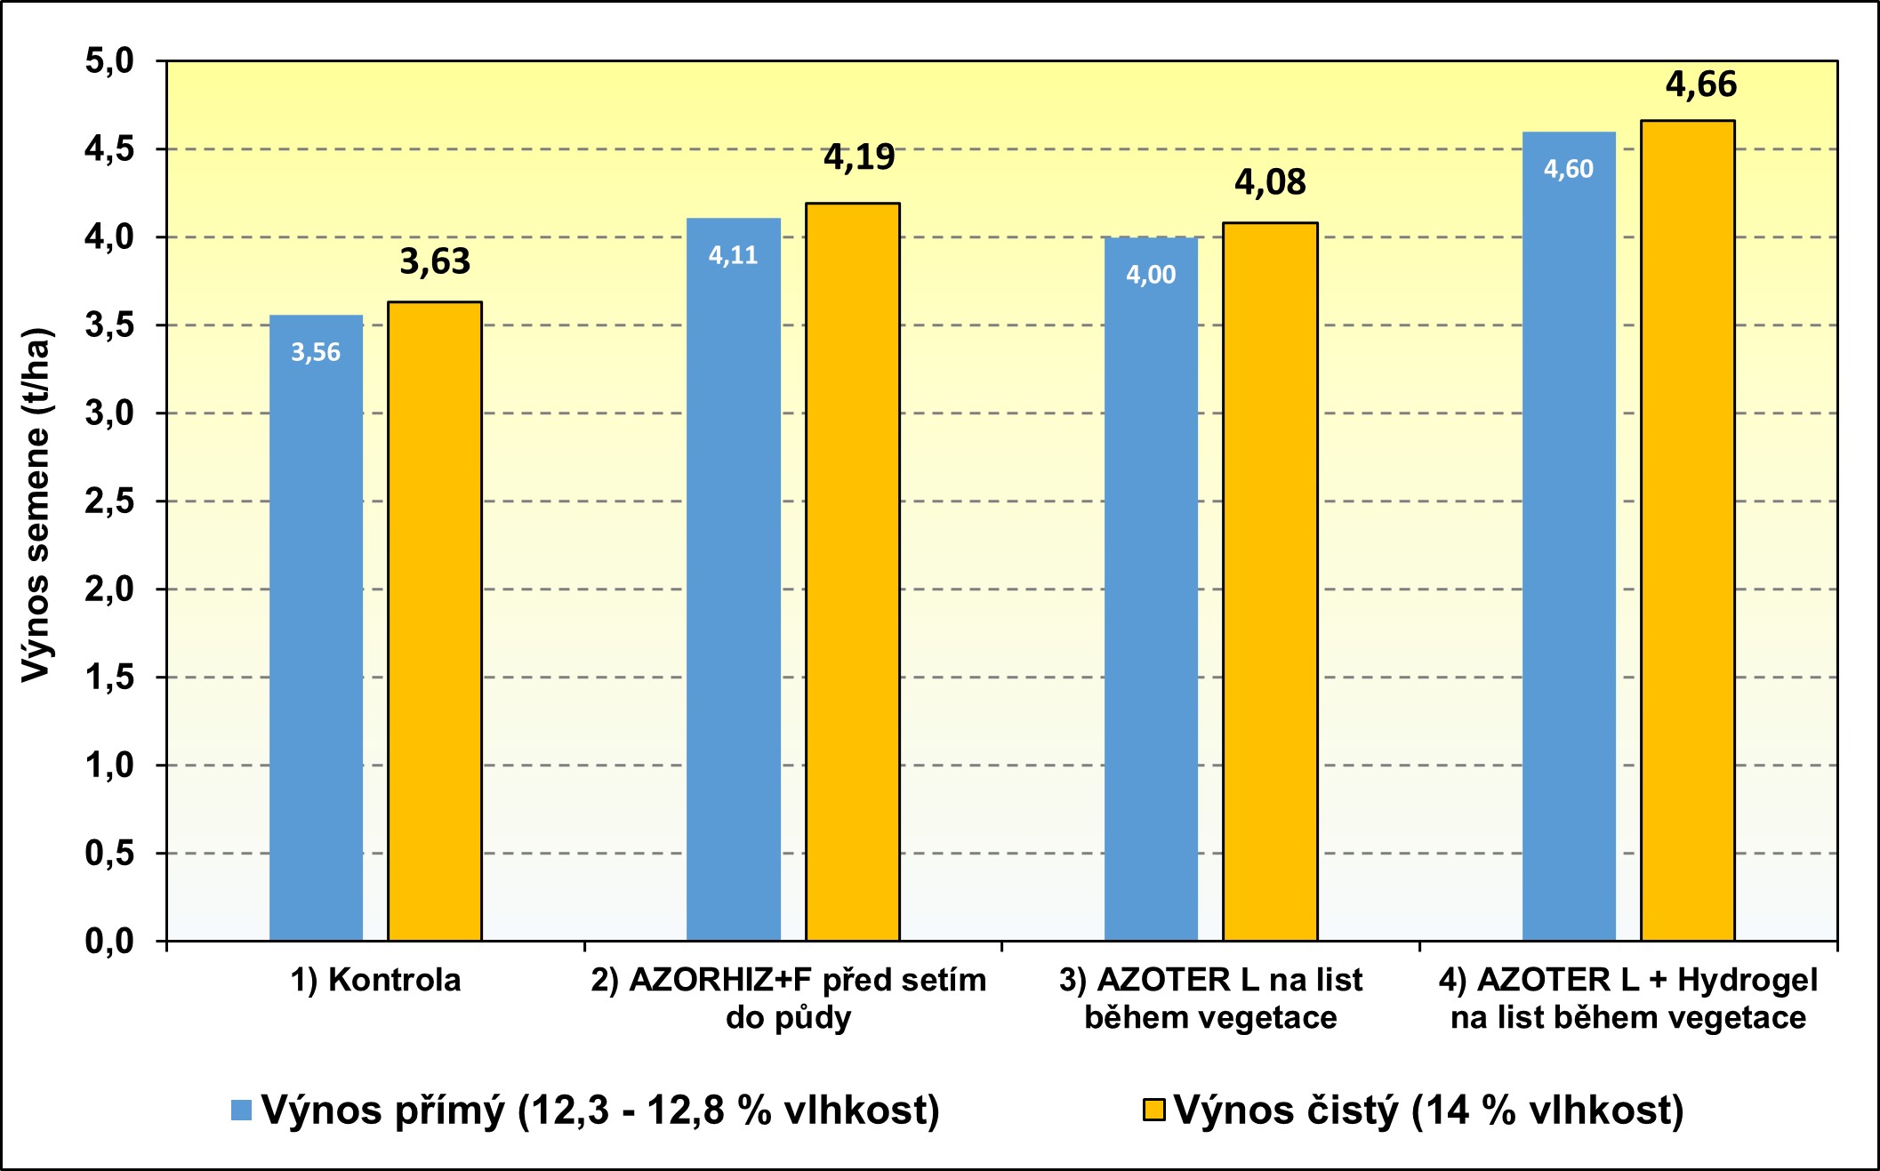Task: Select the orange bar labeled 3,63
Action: coord(435,622)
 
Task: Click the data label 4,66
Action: coord(1700,84)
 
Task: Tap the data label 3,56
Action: coord(316,353)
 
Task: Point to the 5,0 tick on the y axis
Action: coord(109,61)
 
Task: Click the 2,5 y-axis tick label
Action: coord(109,501)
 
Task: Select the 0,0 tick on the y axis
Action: coord(109,941)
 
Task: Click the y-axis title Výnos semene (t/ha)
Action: coord(37,504)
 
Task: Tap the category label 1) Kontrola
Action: coord(375,980)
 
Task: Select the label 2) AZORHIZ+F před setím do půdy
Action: coord(789,998)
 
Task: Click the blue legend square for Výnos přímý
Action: coord(241,1110)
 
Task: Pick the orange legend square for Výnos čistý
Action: coord(1153,1110)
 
